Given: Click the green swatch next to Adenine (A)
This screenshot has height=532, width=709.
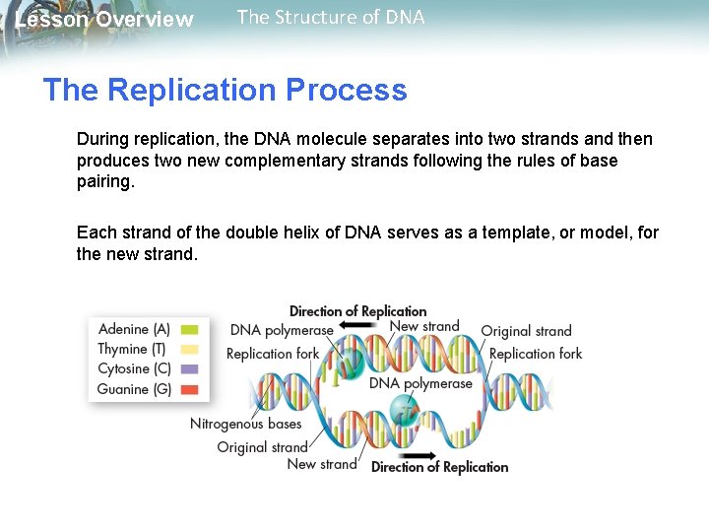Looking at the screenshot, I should click(189, 329).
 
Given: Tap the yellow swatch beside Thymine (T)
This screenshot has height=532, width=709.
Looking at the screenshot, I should click(189, 349).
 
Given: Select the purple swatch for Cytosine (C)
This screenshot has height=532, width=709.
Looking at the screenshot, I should click(189, 369).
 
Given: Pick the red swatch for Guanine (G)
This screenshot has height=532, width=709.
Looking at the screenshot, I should click(189, 389).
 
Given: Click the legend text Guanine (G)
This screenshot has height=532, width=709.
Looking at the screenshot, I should click(134, 389).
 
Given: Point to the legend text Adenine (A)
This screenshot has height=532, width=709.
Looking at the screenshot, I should click(134, 329).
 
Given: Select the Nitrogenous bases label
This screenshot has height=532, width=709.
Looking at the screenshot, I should click(245, 424).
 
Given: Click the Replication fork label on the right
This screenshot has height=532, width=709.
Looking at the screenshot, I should click(536, 353).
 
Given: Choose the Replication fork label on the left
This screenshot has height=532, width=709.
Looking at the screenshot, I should click(273, 353).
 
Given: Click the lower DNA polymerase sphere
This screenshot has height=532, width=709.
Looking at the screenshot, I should click(404, 409).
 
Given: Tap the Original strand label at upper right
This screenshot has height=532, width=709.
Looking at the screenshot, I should click(526, 331).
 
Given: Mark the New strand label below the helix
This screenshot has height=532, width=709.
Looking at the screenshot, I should click(321, 463).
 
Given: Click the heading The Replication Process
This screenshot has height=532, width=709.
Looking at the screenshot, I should click(225, 90).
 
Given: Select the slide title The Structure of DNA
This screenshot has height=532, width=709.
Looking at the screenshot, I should click(331, 17).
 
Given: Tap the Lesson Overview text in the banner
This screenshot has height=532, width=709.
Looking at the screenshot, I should click(104, 20).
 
